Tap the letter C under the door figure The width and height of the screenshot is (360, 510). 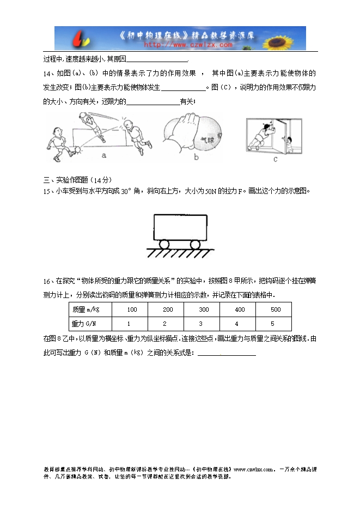pos(275,160)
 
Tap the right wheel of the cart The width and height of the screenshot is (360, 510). pos(195,244)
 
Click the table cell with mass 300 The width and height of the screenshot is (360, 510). pos(204,309)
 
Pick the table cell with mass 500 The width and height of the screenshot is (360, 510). pos(276,309)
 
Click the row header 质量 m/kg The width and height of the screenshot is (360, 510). pos(86,309)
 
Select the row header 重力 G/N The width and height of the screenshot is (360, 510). pos(86,324)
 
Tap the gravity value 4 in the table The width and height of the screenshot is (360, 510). pos(240,324)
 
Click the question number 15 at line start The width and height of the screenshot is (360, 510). pos(46,191)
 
